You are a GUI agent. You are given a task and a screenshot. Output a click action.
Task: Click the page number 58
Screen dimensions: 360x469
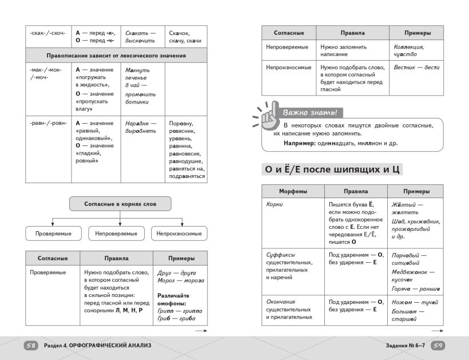[x=31, y=346]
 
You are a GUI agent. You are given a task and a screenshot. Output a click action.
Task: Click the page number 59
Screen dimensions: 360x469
[x=437, y=346]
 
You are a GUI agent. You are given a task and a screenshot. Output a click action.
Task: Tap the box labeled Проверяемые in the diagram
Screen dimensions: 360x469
[x=52, y=234]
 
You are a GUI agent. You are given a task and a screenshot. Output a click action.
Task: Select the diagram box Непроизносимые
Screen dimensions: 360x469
[x=179, y=234]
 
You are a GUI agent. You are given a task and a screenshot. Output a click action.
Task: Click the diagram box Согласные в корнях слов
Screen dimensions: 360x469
[x=120, y=204]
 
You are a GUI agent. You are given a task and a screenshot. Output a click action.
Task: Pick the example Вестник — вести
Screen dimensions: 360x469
[x=416, y=68]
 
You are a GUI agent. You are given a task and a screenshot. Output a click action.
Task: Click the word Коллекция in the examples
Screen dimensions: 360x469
[x=409, y=47]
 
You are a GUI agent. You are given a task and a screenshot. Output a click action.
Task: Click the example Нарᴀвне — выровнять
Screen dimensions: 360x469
[x=141, y=126]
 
